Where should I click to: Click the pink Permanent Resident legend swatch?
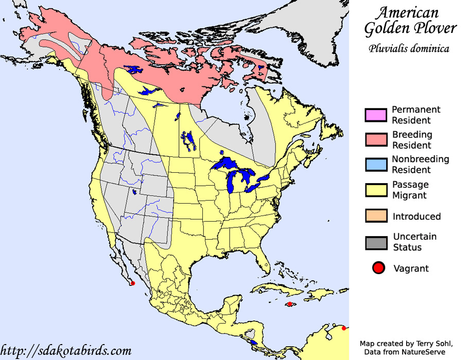coord(376,115)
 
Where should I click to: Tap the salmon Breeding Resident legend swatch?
coord(376,140)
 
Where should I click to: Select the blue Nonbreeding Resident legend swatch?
coord(376,165)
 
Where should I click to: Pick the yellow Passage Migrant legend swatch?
coord(376,190)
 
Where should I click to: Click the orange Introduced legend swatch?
coord(376,216)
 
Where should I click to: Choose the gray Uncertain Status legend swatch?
coord(376,242)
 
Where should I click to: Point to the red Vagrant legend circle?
coord(379,268)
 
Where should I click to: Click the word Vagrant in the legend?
coord(410,268)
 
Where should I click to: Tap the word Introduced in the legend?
coord(416,217)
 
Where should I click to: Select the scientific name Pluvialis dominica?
coord(409,49)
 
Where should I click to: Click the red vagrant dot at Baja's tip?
coord(132,283)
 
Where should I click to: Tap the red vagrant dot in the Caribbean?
coord(290,304)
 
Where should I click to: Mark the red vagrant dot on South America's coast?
coord(344,328)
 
